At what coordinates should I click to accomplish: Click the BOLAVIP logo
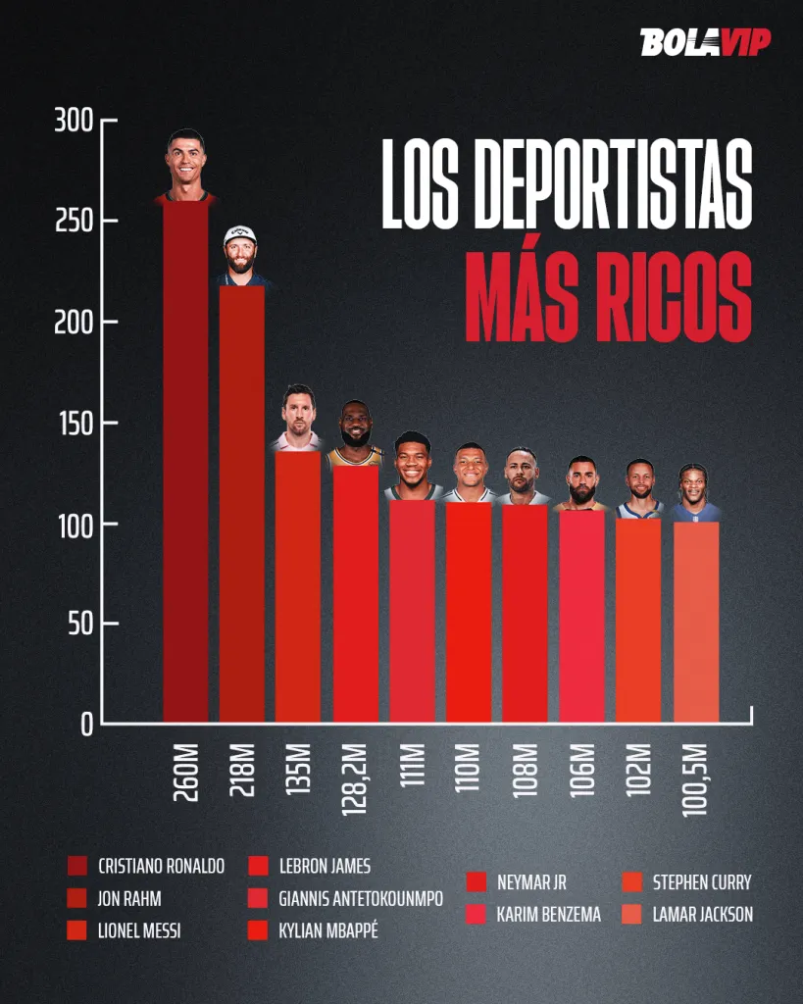(x=705, y=42)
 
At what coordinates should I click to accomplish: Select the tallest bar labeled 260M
(x=185, y=461)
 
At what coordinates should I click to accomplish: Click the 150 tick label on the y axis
(x=74, y=424)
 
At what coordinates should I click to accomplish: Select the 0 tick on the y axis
(x=85, y=725)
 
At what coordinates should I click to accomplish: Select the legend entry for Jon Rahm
(x=129, y=898)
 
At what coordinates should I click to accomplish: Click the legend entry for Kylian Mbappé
(x=327, y=930)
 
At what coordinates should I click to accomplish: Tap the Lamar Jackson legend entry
(x=702, y=915)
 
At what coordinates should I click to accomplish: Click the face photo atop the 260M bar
(x=184, y=160)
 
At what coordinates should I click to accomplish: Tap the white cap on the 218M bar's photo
(x=240, y=234)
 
